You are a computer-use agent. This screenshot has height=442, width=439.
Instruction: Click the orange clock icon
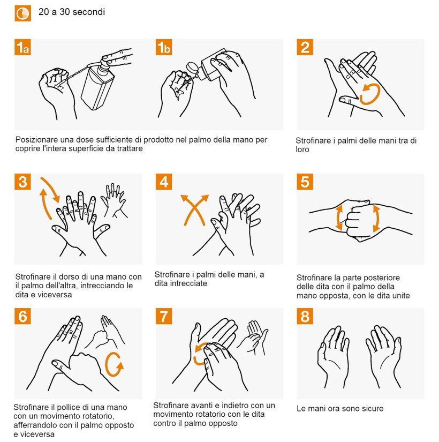pyautogui.click(x=23, y=13)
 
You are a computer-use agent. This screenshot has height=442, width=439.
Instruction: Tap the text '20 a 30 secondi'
pyautogui.click(x=72, y=12)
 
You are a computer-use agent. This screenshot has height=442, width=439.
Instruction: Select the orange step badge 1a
pyautogui.click(x=22, y=47)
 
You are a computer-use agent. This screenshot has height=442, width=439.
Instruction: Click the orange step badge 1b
pyautogui.click(x=164, y=47)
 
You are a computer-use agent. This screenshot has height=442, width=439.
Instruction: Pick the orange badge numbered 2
pyautogui.click(x=305, y=47)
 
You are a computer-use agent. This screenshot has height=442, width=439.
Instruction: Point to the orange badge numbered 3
pyautogui.click(x=22, y=182)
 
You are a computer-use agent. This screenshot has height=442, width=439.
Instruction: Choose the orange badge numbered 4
pyautogui.click(x=164, y=182)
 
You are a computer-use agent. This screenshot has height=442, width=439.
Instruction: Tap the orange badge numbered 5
pyautogui.click(x=305, y=182)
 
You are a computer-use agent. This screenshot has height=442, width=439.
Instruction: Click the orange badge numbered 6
pyautogui.click(x=22, y=316)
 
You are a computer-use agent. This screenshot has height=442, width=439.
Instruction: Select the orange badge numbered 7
pyautogui.click(x=164, y=316)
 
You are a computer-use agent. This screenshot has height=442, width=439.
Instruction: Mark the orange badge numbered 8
pyautogui.click(x=305, y=316)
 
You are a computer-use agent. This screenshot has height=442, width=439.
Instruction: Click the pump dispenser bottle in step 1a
pyautogui.click(x=97, y=85)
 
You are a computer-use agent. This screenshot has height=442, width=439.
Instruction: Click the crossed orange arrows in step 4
pyautogui.click(x=194, y=209)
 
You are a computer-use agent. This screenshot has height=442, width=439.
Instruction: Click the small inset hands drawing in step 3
pyautogui.click(x=114, y=201)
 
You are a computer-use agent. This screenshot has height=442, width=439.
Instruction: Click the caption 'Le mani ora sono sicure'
pyautogui.click(x=340, y=408)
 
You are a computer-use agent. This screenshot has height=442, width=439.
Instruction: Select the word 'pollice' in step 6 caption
pyautogui.click(x=67, y=407)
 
